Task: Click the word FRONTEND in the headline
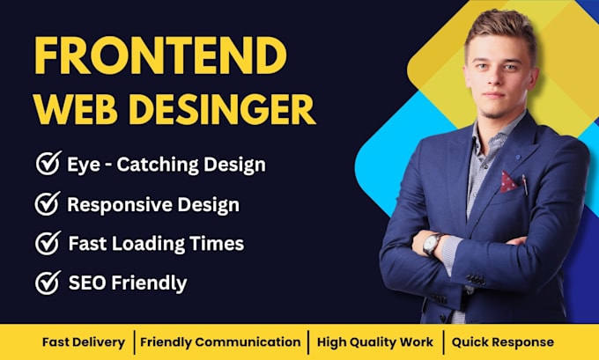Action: [x=160, y=57]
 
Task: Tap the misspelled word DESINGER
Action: [x=233, y=110]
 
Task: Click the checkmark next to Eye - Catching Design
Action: [x=47, y=164]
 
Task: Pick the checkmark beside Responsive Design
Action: [x=47, y=204]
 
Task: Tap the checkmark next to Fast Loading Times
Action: [x=47, y=243]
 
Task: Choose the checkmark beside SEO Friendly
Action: [x=47, y=283]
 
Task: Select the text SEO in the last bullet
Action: [x=85, y=283]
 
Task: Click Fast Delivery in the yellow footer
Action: [x=84, y=342]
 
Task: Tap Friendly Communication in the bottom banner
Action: [x=220, y=342]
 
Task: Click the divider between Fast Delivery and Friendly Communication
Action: [x=135, y=342]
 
